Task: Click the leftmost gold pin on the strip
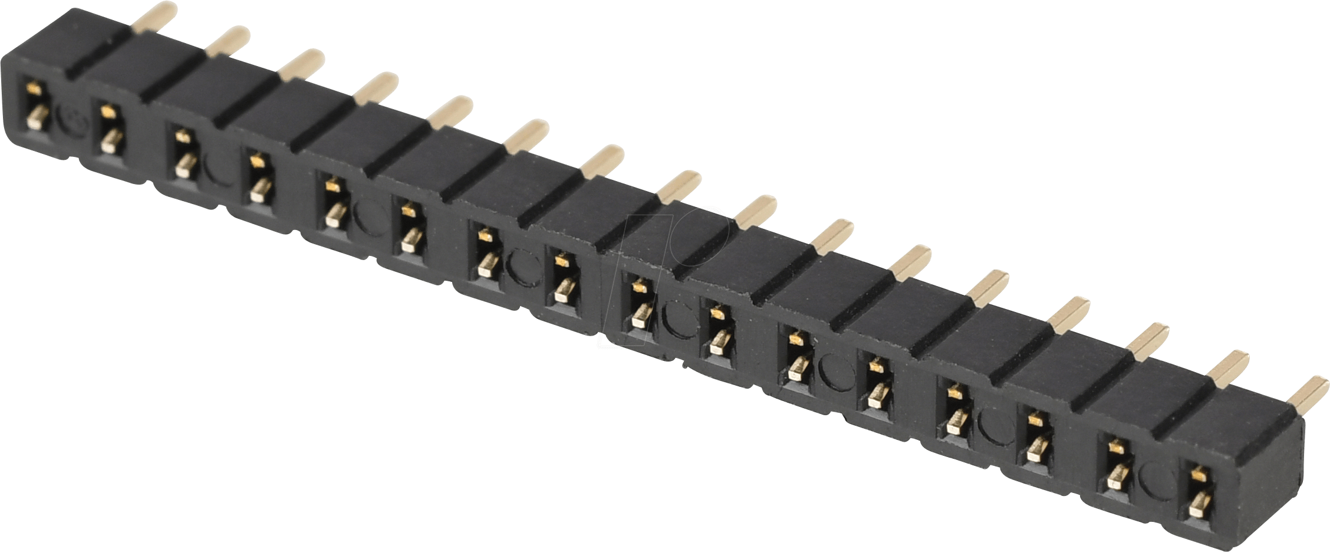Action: point(154,16)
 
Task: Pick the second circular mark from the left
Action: point(221,169)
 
